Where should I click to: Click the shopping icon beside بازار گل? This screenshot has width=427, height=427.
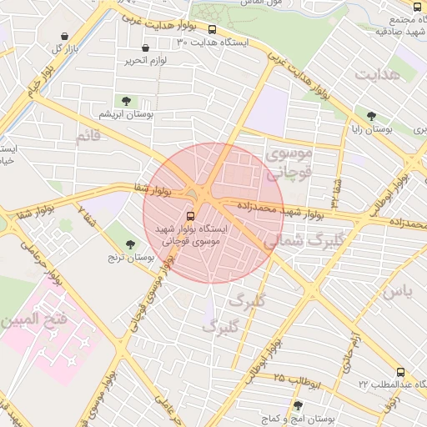[66, 36]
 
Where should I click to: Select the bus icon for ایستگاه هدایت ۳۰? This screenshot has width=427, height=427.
[212, 29]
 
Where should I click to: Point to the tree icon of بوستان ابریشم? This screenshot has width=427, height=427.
[127, 101]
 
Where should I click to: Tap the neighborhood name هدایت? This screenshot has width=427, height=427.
[377, 74]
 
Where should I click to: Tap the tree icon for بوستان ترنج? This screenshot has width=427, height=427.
[129, 244]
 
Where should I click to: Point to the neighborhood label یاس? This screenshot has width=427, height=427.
[396, 292]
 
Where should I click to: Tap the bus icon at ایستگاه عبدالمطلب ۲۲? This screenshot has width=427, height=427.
[400, 372]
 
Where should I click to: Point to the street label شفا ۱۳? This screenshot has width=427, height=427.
[335, 193]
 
